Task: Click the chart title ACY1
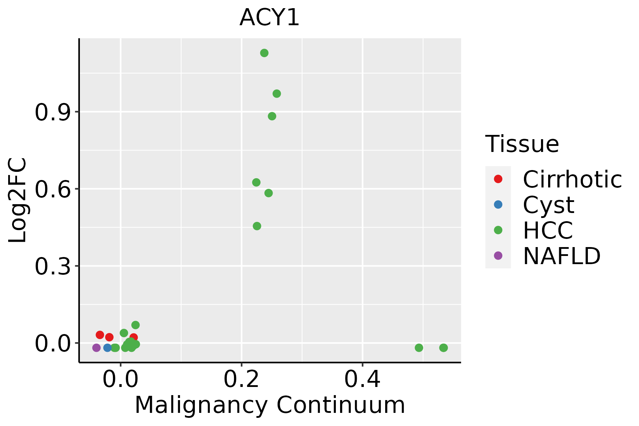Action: (x=270, y=18)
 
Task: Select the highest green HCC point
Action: (x=264, y=53)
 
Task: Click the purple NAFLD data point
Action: (x=96, y=348)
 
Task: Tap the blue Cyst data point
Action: (x=108, y=348)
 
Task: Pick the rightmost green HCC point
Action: (x=443, y=348)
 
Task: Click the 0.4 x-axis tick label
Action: (x=362, y=380)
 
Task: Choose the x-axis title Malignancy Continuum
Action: (x=270, y=405)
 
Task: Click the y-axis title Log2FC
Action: (x=18, y=201)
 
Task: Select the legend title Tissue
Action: (x=522, y=144)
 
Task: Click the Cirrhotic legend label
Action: (x=572, y=179)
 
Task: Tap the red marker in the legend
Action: (x=498, y=179)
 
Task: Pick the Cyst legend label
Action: (x=548, y=205)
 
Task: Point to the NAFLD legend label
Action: (x=562, y=256)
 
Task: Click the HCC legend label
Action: (x=548, y=230)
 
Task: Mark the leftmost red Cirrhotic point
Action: (x=100, y=335)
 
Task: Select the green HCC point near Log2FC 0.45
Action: (x=257, y=226)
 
